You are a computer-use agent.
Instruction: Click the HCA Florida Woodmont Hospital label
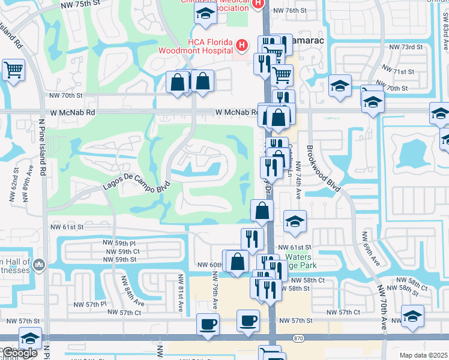point(194,46)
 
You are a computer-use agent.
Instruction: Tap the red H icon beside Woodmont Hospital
point(241,45)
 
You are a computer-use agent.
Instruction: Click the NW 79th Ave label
point(214,290)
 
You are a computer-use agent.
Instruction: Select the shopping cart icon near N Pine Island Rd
point(13,70)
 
